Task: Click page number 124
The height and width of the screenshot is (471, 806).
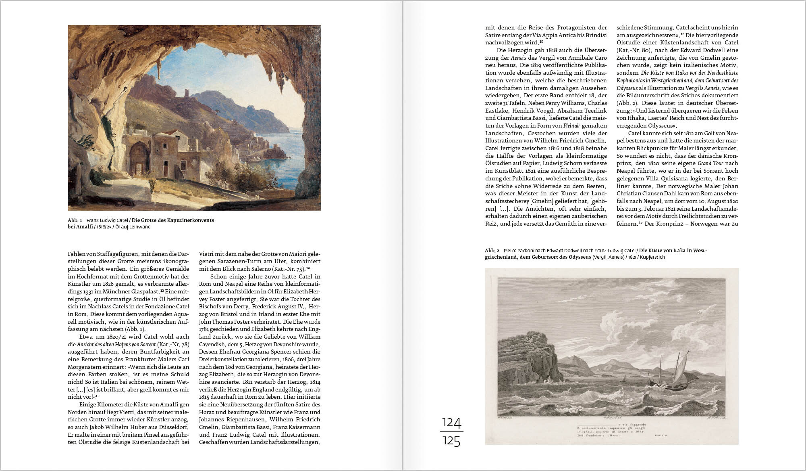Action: pos(451,423)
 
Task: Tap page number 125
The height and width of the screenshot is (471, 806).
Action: pos(451,441)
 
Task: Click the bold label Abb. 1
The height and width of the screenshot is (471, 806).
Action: pos(75,220)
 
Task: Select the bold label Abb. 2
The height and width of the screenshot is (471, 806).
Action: pos(492,251)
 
